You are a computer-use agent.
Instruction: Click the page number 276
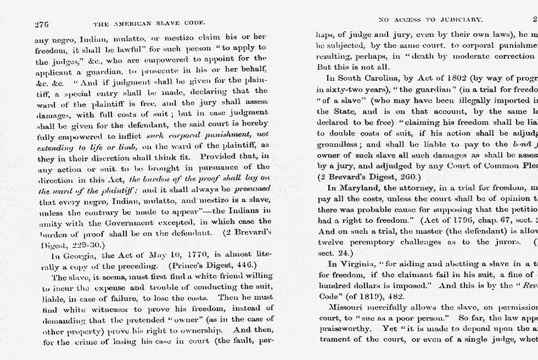[x=42, y=24]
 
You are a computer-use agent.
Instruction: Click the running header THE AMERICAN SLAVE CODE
[x=149, y=24]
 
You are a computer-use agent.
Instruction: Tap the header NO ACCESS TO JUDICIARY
[x=430, y=20]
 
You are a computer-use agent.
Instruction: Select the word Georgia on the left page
[x=76, y=256]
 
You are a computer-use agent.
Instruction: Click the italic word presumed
[x=252, y=188]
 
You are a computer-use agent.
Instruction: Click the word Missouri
[x=349, y=308]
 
